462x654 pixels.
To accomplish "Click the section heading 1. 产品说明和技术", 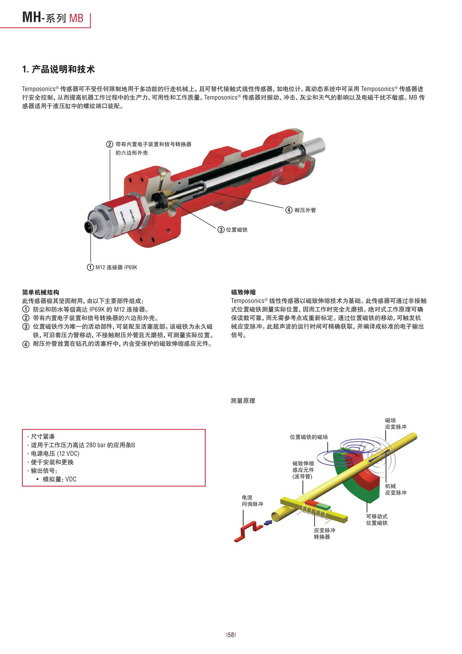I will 58,69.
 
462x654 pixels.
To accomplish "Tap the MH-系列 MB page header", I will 53,18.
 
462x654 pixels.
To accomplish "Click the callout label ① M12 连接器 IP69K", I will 112,267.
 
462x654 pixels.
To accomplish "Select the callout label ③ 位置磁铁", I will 233,230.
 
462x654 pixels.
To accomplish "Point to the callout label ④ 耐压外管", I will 301,210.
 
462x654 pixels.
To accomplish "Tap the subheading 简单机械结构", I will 41,292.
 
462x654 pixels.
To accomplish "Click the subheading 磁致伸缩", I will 243,292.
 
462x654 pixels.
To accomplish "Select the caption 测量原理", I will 243,401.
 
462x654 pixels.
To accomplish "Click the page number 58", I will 231,635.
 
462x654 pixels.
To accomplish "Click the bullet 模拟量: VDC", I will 59,480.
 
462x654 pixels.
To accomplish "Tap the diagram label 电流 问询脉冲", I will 252,501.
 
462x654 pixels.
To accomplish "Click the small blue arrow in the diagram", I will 268,523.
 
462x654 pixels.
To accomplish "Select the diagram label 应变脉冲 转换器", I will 324,534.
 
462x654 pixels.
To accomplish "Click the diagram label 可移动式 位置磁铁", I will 377,520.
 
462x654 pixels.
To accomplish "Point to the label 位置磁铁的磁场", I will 309,437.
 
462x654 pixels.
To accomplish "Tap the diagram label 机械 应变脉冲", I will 396,489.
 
